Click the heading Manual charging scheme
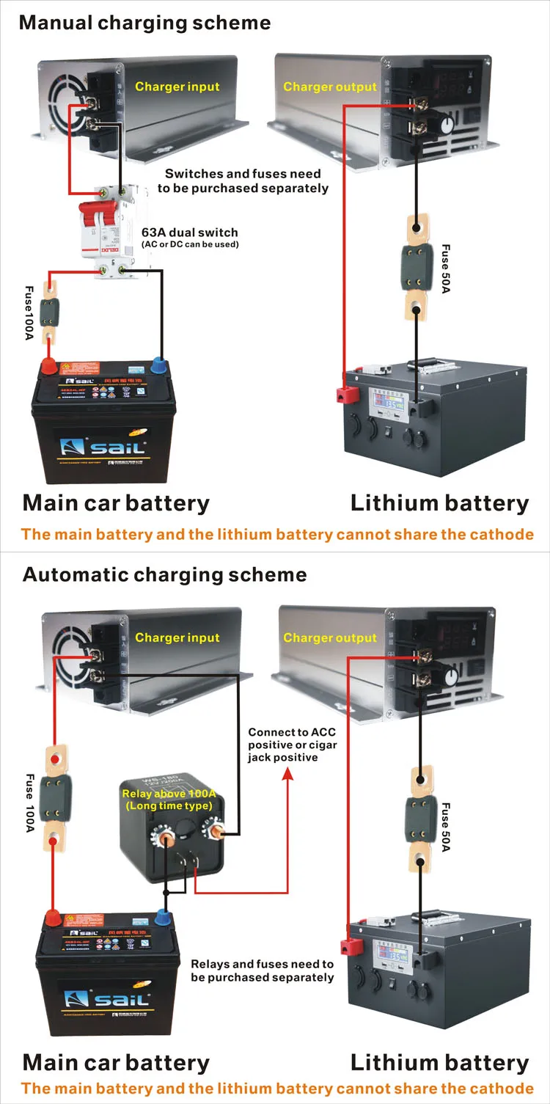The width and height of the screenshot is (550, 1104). pyautogui.click(x=144, y=22)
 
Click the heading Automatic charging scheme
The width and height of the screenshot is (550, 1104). pyautogui.click(x=164, y=574)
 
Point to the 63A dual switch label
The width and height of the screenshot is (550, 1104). pyautogui.click(x=190, y=233)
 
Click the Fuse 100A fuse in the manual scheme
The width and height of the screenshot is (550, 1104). pyautogui.click(x=50, y=311)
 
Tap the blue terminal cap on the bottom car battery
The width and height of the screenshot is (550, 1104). pyautogui.click(x=163, y=917)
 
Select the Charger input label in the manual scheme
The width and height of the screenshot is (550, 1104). pyautogui.click(x=177, y=87)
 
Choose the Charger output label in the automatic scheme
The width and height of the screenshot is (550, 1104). pyautogui.click(x=329, y=637)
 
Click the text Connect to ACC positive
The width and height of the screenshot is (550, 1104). pyautogui.click(x=292, y=744)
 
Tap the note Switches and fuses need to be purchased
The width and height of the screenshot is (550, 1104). pyautogui.click(x=243, y=180)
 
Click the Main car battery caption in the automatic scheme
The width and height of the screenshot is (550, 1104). pyautogui.click(x=116, y=1062)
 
